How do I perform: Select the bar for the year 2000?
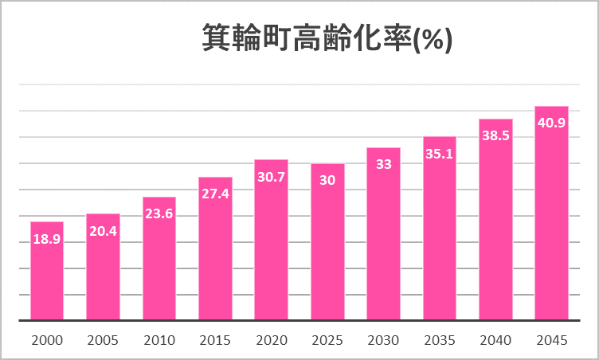[x=47, y=271]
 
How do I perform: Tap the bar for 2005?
[x=103, y=267]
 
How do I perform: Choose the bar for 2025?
[x=327, y=242]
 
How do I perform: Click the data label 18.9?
[x=47, y=238]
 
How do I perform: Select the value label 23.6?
[x=159, y=213]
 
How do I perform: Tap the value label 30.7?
[x=271, y=176]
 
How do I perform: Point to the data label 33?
[x=383, y=164]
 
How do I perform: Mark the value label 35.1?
[x=439, y=153]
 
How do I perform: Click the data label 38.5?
[x=495, y=135]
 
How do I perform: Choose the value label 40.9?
[x=551, y=123]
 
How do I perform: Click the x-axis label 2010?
[x=159, y=340]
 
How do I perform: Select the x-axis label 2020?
[x=271, y=340]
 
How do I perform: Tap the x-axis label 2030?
[x=383, y=340]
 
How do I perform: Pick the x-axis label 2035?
[x=439, y=340]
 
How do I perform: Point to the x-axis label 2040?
[x=495, y=340]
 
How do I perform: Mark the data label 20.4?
[x=103, y=230]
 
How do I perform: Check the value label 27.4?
[x=215, y=194]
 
